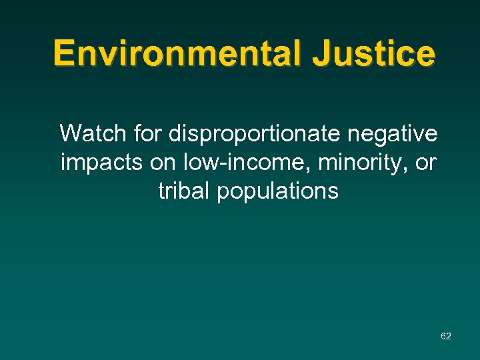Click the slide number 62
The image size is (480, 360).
pos(446,336)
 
